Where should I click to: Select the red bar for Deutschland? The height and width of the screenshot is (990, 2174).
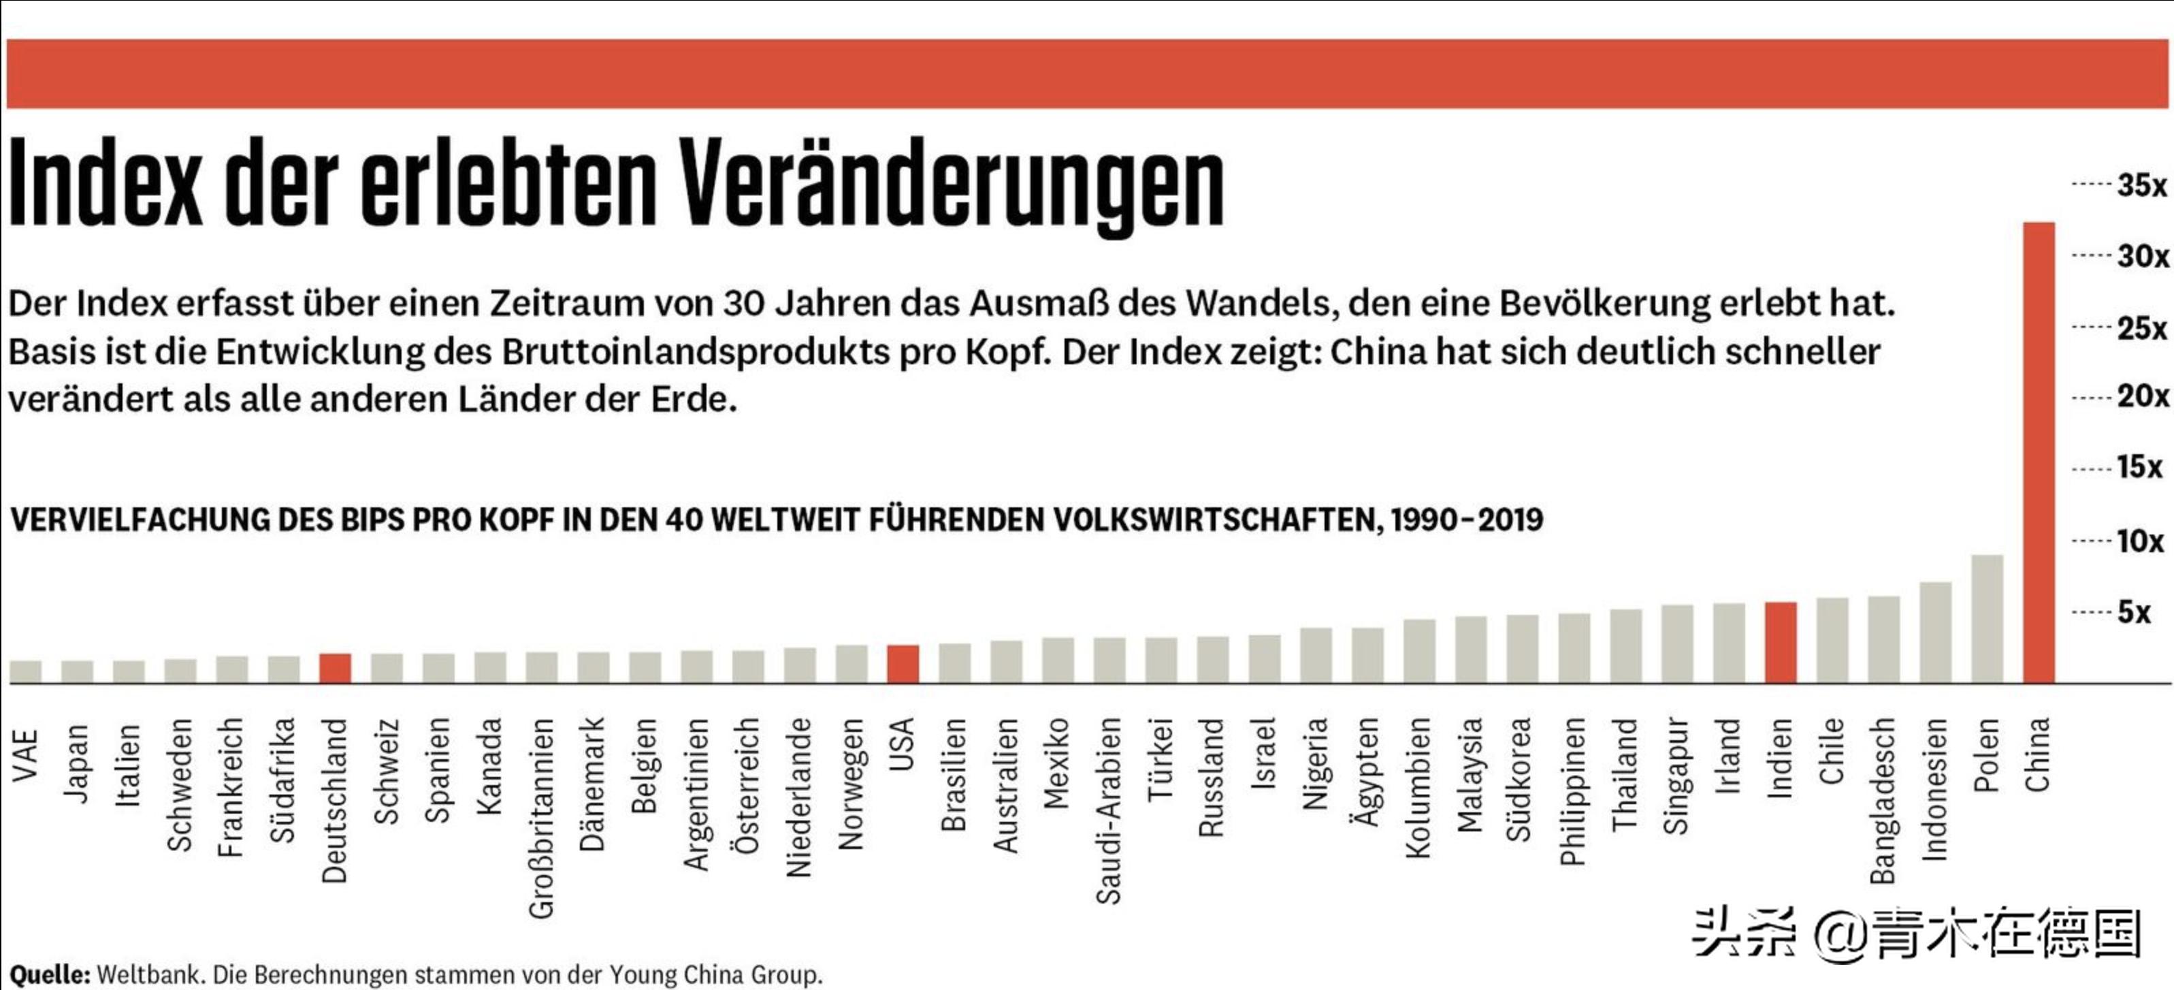pyautogui.click(x=335, y=669)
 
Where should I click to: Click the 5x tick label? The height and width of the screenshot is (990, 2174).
pyautogui.click(x=2133, y=612)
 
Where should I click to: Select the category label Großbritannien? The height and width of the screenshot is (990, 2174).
pyautogui.click(x=542, y=817)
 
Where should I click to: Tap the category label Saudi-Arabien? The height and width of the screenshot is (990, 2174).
pyautogui.click(x=1108, y=810)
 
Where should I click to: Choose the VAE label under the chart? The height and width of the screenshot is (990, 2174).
pyautogui.click(x=26, y=754)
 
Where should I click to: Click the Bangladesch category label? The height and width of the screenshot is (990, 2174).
pyautogui.click(x=1883, y=800)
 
